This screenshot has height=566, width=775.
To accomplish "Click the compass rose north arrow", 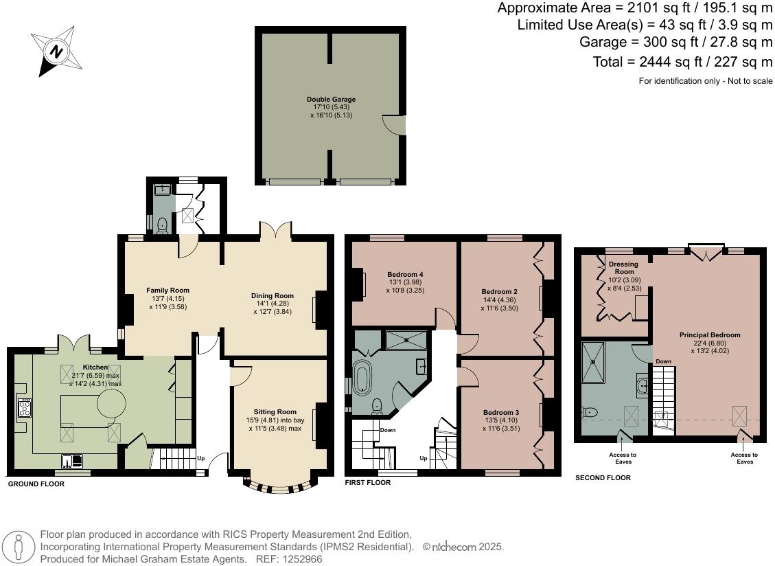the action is [56, 52].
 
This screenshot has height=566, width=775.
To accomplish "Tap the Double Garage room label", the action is [331, 99].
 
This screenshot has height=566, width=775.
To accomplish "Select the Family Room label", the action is [167, 291].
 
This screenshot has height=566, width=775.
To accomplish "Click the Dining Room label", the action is [273, 295].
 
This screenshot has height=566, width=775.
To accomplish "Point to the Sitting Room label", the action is [275, 411].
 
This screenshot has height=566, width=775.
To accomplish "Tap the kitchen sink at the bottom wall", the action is [72, 461].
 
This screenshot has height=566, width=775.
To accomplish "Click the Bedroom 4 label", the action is [405, 274].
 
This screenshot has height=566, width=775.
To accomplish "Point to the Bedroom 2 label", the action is [500, 291].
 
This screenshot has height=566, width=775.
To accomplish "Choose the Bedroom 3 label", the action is [501, 412].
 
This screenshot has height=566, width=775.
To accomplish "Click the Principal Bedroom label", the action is [710, 335].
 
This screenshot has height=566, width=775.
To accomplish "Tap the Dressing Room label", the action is [624, 268].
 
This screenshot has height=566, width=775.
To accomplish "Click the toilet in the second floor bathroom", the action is [590, 411].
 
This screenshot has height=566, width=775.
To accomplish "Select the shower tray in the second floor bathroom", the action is [593, 363].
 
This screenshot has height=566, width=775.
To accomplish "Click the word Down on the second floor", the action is [664, 361].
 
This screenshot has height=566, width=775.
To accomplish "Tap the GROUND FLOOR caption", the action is [36, 484].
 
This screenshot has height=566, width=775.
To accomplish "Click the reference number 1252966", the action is [301, 559].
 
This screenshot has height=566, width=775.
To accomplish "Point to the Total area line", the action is [682, 62].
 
